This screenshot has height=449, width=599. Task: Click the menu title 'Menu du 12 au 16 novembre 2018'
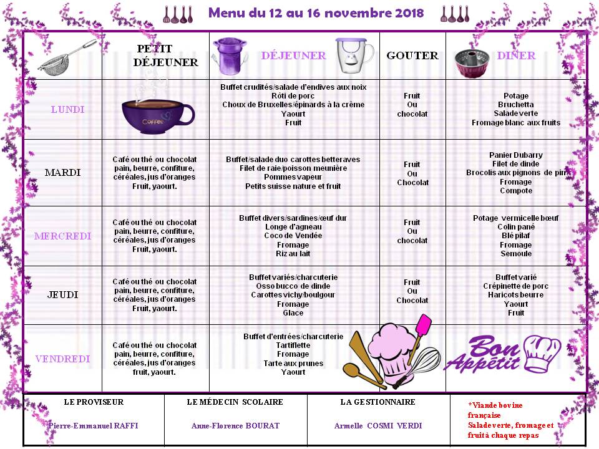316,13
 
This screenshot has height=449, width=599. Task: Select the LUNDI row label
67,110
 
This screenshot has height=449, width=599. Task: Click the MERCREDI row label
62,236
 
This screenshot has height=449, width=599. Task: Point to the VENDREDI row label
62,359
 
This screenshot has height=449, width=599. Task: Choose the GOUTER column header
412,56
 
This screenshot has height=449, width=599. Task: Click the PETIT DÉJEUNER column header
165,56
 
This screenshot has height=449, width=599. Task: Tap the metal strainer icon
66,56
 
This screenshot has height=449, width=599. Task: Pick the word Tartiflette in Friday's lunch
293,345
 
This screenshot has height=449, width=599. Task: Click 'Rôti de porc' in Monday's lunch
293,95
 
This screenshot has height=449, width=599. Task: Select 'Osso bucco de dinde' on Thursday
293,286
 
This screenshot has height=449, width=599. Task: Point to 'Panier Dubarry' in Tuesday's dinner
516,155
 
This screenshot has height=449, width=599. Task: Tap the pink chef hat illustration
392,349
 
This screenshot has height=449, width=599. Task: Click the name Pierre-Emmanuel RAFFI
94,426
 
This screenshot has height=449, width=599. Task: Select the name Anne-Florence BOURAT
235,426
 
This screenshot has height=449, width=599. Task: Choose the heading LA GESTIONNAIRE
377,402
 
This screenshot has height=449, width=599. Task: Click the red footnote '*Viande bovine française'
495,410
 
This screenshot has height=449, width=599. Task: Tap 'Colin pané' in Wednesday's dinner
516,227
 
